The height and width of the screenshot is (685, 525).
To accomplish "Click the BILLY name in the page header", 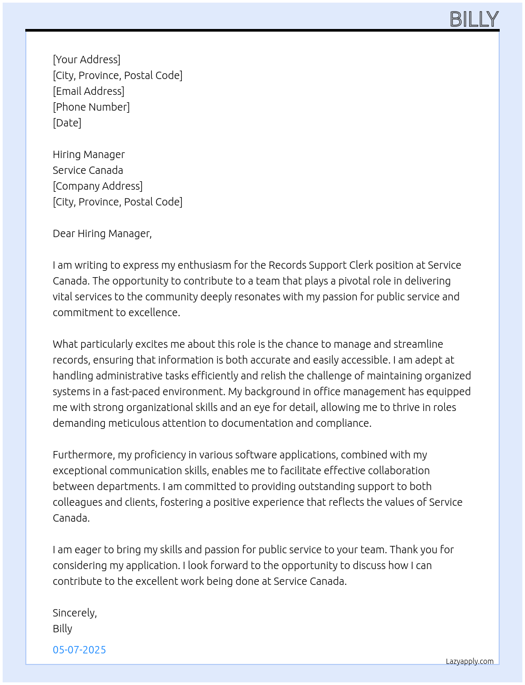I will [474, 19].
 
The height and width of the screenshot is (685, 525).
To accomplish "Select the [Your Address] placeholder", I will [86, 60].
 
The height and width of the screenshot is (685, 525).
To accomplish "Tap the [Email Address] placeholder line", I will [89, 91].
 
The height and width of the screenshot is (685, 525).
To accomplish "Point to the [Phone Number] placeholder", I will [91, 107].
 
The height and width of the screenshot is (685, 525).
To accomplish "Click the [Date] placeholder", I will [67, 123].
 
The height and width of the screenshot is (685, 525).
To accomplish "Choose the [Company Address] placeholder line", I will [98, 186].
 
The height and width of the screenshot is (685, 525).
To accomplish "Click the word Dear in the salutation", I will [64, 233].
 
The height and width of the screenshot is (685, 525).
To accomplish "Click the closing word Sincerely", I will [74, 613].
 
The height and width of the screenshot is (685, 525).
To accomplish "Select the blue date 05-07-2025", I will [79, 650].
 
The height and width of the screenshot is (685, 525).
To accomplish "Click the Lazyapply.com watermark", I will [470, 661].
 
